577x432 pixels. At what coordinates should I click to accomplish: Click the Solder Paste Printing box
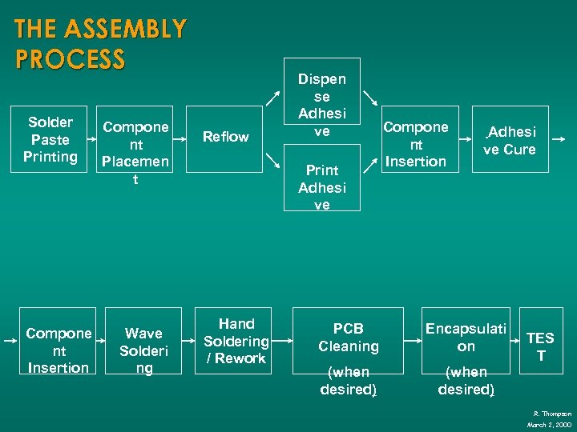click(50, 139)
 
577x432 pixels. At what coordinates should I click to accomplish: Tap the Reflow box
click(225, 137)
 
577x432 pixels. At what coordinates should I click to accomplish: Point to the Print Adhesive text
click(321, 187)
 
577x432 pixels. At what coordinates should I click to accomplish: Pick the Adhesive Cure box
click(509, 140)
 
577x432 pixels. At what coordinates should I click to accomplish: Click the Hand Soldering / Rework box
click(236, 341)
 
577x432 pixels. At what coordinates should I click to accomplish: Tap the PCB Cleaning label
click(348, 338)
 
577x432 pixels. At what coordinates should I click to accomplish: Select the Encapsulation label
click(466, 338)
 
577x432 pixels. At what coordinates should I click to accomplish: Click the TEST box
click(540, 346)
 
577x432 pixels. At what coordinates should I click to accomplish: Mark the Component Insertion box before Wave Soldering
click(58, 350)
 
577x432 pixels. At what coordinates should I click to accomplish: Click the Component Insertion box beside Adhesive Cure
click(416, 144)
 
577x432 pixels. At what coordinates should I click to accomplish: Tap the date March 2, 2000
click(549, 424)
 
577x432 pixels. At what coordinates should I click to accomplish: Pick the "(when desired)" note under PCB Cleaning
click(348, 381)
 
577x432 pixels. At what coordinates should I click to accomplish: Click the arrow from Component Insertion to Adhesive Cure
click(466, 138)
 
